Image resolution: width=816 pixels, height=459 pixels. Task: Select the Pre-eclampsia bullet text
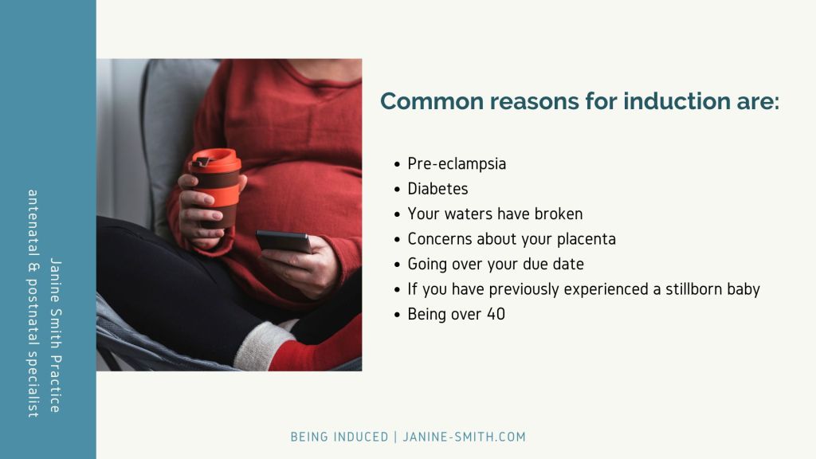tap(457, 164)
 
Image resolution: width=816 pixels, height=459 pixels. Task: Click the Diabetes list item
tap(437, 188)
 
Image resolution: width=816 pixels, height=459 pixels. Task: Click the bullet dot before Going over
tap(397, 265)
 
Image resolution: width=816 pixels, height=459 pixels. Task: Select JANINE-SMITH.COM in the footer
tap(465, 437)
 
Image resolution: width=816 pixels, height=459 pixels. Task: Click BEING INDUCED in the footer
tap(339, 437)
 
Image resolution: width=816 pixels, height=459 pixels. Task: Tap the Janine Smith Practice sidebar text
tap(56, 335)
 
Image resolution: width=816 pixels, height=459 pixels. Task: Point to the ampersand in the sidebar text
tap(33, 268)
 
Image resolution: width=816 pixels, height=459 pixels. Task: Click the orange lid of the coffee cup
tap(215, 160)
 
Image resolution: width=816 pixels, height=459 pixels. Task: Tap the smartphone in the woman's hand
tap(284, 241)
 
